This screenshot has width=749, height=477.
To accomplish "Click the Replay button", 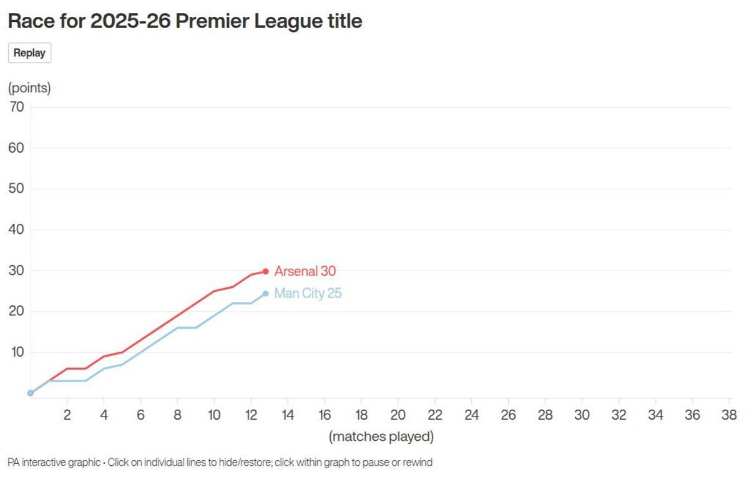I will (29, 53).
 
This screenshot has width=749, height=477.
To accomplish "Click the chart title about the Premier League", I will (185, 21).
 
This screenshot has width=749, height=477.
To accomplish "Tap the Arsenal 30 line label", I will (305, 271).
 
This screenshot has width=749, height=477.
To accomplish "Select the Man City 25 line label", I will (308, 293).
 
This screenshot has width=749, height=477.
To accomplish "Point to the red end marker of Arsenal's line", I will (265, 271).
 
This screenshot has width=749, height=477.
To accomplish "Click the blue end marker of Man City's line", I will (265, 294).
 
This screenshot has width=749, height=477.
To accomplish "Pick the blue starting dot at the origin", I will (30, 393).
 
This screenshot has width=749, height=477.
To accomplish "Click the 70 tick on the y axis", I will (16, 107).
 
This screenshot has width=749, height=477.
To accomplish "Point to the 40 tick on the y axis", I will (16, 229).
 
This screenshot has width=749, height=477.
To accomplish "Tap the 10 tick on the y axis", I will (16, 352).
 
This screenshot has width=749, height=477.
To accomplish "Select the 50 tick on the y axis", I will (16, 188).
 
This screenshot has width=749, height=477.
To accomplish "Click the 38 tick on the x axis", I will (728, 415).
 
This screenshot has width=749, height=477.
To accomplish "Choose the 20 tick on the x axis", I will (398, 415).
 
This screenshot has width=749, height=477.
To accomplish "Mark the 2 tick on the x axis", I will (67, 415).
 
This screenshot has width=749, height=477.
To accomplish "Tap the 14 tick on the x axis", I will (288, 415).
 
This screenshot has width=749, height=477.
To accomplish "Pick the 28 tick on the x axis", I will (545, 415).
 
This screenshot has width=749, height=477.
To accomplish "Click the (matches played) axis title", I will (381, 436).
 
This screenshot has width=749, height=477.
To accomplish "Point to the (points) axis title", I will (29, 88).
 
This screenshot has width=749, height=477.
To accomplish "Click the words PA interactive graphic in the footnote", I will (54, 463).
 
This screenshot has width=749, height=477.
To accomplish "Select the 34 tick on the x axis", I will (655, 415).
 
